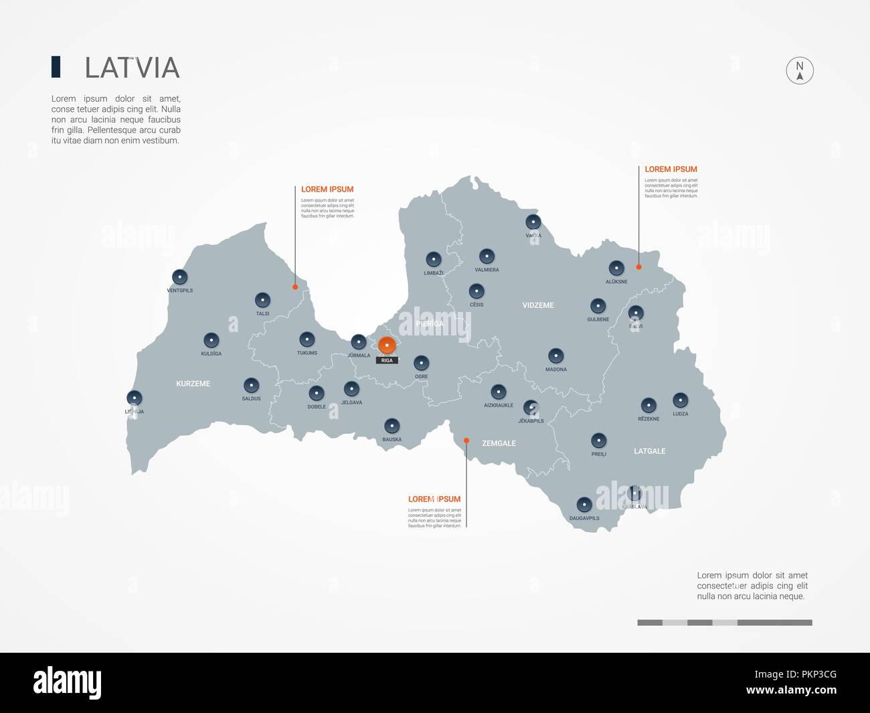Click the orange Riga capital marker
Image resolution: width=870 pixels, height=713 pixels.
point(387,345)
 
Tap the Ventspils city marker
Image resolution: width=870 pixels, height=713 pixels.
point(179,276)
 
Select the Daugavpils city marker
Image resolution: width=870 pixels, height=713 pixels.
point(584,504)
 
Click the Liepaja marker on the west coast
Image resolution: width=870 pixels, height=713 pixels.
point(135,398)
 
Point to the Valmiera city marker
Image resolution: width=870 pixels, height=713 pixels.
point(487,256)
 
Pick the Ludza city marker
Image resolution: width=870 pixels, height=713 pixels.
point(681,400)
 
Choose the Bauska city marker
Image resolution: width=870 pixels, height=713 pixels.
point(391,426)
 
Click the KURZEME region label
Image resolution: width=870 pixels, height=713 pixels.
point(193,384)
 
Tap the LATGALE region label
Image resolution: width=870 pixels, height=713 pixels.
point(649,451)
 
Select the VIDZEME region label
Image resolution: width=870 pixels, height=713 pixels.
point(538,305)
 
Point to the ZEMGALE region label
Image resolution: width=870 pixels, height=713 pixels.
point(499,443)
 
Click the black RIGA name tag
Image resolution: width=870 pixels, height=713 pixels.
point(387,360)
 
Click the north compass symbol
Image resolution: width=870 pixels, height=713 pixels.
point(799,70)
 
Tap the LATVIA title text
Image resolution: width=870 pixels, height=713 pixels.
point(132,68)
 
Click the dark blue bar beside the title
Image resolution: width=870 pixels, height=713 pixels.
point(56,67)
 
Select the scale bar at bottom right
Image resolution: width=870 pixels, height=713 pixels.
point(724,623)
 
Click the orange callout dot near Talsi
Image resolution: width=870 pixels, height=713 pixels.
point(295,287)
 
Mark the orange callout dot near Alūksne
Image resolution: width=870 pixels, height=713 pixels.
point(638,267)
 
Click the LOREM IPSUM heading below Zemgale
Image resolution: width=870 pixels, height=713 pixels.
point(434,499)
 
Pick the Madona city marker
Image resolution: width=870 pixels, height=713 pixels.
point(555,355)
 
